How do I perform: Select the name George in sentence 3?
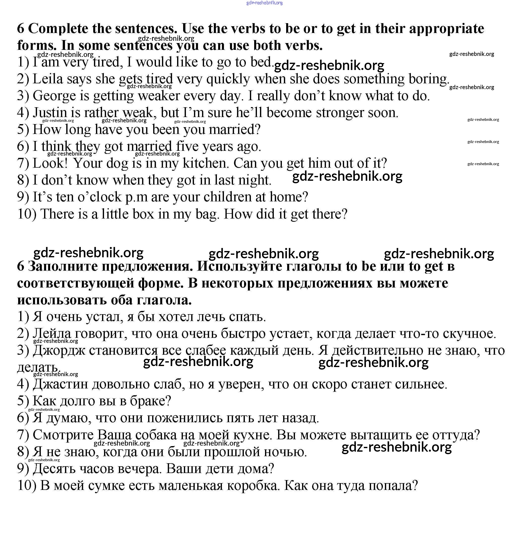click(x=54, y=96)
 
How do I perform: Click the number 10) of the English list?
click(x=27, y=214)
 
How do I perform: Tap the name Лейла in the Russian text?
click(x=52, y=334)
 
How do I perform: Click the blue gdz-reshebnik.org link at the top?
click(x=264, y=3)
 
